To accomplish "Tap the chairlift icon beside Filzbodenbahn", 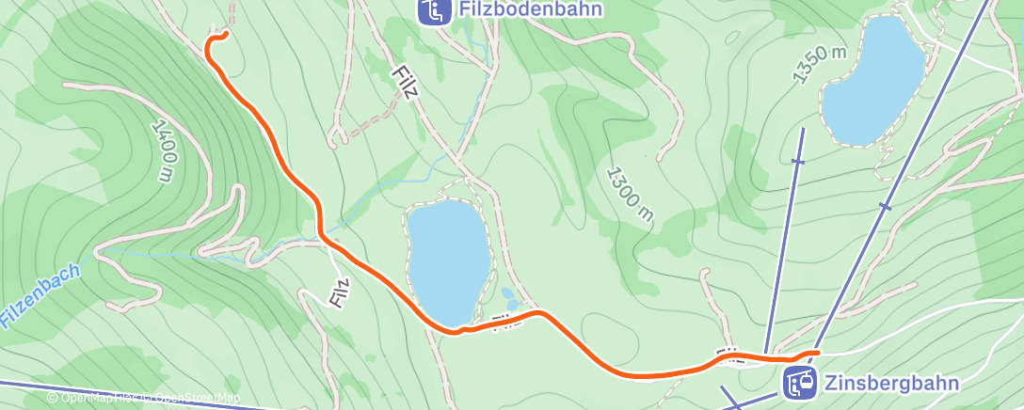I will point(434,11).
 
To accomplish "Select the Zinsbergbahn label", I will point(890,383).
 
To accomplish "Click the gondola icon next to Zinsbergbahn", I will point(801,383).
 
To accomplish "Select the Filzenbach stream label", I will point(40,295).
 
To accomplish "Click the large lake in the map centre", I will point(448,260).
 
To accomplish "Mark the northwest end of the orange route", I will point(226,35).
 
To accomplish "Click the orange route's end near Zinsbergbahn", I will point(815,353).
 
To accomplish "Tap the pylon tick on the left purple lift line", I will point(797,162).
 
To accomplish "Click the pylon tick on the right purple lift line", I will point(884,205).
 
